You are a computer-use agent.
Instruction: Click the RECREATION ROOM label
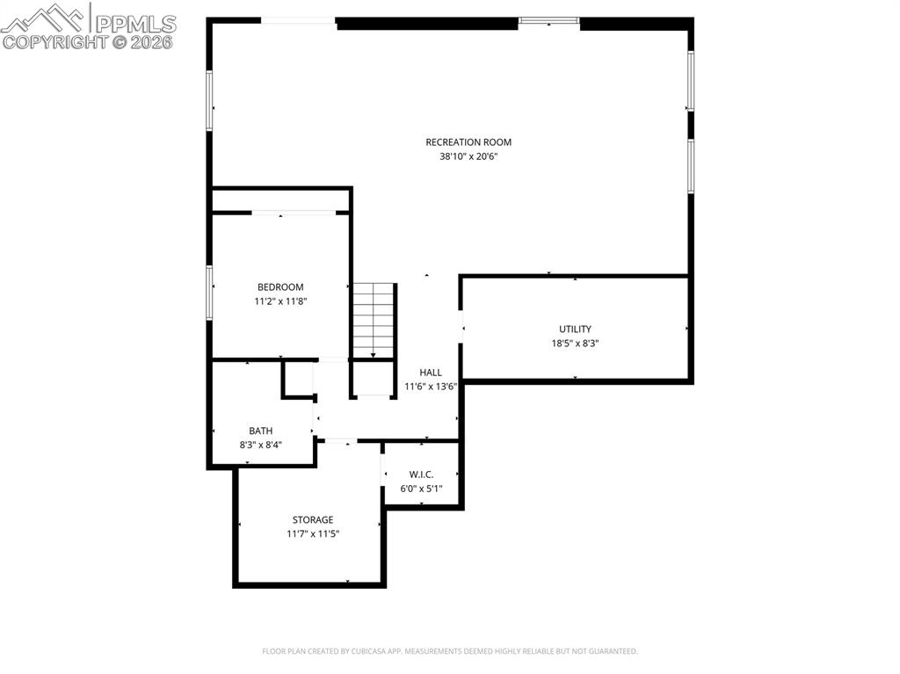(468, 142)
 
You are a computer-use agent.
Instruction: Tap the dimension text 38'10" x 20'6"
(475, 156)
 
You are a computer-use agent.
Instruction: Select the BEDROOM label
(280, 287)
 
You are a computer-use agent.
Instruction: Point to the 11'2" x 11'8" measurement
(280, 301)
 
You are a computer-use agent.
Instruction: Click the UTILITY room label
(575, 330)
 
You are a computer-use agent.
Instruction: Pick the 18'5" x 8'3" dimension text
(575, 344)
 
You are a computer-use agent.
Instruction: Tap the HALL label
(431, 373)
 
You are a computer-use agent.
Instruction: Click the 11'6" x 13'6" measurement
(431, 387)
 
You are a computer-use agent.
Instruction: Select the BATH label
(260, 431)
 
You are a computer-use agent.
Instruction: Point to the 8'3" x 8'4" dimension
(260, 445)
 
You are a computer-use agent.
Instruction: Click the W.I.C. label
(421, 475)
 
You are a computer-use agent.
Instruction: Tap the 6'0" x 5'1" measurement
(421, 489)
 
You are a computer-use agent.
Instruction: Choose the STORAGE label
(313, 520)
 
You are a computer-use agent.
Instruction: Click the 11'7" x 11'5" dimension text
(313, 534)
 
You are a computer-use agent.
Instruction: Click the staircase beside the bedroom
(374, 319)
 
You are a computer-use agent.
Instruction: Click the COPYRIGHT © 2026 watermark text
(88, 41)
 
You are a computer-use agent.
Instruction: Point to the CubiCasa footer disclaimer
(449, 651)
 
